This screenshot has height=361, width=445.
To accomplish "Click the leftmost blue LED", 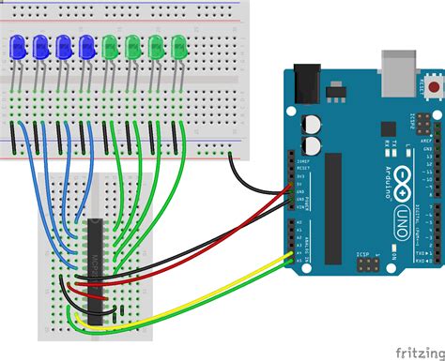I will (18, 46).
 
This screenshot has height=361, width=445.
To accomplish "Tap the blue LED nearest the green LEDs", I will (87, 46).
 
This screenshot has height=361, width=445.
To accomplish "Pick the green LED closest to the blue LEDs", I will (112, 46).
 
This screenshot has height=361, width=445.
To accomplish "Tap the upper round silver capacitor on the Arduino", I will (311, 123).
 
